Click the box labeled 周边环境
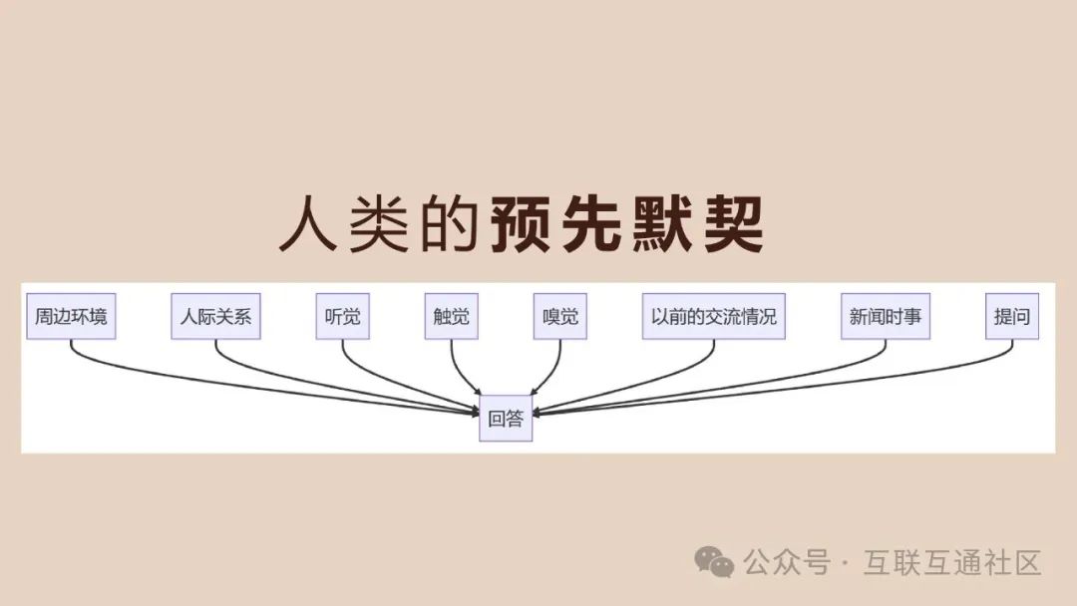tap(71, 318)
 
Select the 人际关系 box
tap(215, 318)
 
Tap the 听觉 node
tap(342, 318)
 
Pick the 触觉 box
tap(451, 318)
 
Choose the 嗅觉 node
tap(559, 318)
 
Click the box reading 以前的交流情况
tap(713, 318)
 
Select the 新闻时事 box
tap(886, 318)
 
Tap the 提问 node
tap(1012, 318)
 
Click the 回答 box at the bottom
tap(506, 419)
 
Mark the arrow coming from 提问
tap(848, 383)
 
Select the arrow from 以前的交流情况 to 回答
tap(648, 383)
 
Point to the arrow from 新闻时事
tap(778, 384)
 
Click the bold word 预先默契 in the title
tap(627, 225)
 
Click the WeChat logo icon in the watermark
tap(714, 562)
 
